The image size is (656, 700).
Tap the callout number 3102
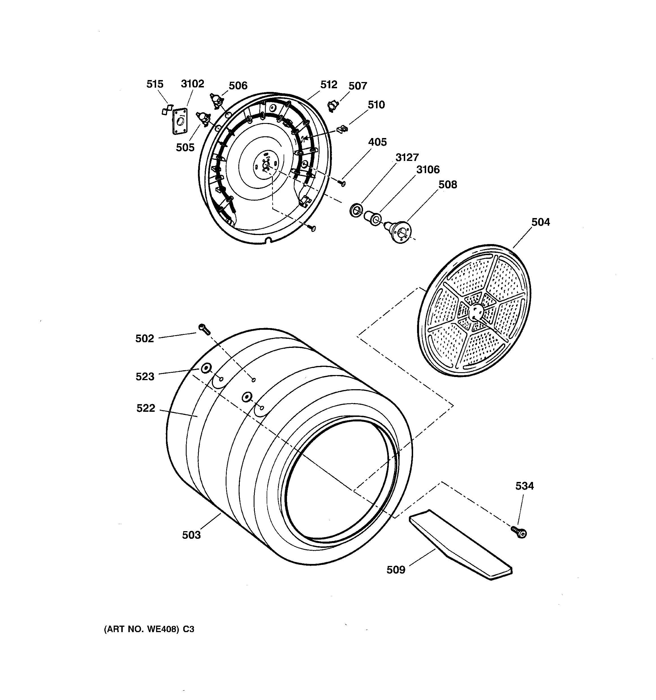tap(193, 84)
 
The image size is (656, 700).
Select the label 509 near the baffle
tap(396, 570)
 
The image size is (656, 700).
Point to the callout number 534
tap(524, 486)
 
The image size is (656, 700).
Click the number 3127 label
tap(407, 158)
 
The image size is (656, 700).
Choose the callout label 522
tap(146, 408)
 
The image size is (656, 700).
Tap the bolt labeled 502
tap(204, 329)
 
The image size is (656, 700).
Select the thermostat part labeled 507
tap(333, 105)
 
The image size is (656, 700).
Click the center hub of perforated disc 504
tap(476, 312)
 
